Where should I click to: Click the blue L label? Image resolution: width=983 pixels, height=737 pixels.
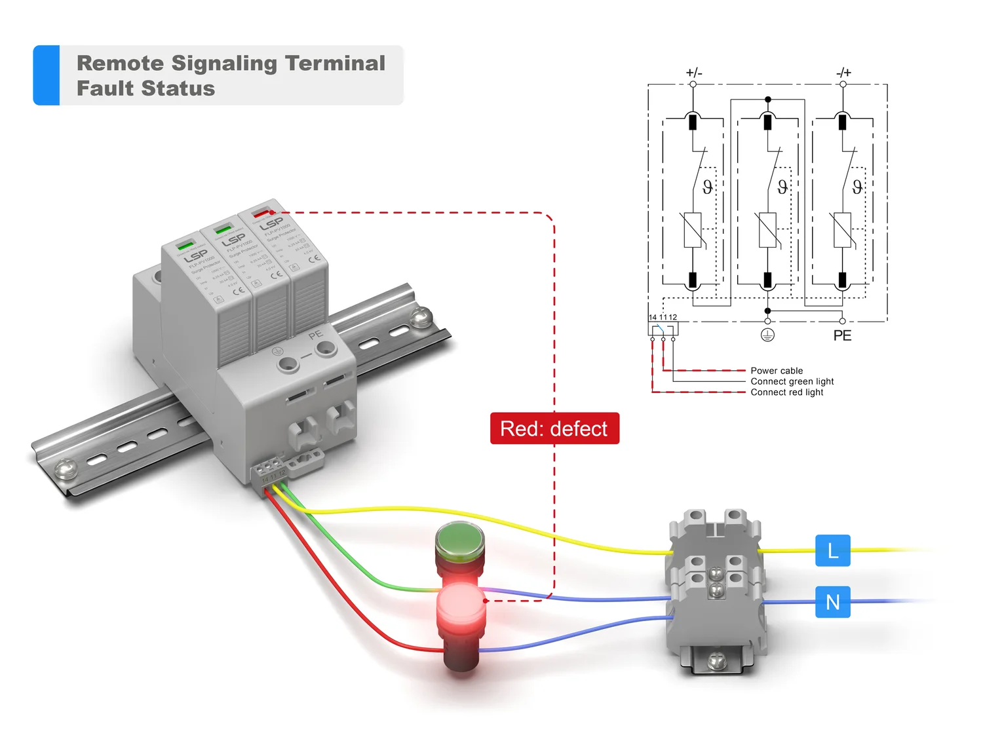click(832, 550)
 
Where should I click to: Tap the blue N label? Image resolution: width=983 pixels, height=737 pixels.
click(832, 601)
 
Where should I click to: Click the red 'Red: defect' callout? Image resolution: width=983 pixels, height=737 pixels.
click(554, 428)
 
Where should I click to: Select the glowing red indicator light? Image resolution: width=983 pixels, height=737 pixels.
click(461, 604)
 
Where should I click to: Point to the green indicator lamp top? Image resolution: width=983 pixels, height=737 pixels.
click(459, 540)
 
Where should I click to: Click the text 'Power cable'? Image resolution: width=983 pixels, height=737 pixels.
click(777, 371)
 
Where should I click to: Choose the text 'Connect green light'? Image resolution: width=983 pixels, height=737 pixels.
click(792, 381)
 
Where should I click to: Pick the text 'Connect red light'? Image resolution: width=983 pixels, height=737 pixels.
click(786, 392)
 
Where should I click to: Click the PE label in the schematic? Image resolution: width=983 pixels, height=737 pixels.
click(842, 335)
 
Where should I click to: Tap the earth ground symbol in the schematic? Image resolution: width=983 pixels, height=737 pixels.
click(767, 335)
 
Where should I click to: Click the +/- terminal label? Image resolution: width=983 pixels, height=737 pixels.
click(693, 73)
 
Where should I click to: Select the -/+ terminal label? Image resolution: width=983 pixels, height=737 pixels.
click(843, 73)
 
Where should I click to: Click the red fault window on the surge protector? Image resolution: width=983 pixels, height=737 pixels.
click(262, 213)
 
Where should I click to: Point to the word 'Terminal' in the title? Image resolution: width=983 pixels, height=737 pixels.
click(335, 63)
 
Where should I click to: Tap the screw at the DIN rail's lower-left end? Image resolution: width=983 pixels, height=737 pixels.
click(65, 468)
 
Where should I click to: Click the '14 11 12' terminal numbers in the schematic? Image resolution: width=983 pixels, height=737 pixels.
click(663, 317)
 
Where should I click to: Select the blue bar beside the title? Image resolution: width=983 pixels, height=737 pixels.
click(47, 75)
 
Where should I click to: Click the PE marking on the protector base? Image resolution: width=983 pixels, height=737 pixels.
click(316, 335)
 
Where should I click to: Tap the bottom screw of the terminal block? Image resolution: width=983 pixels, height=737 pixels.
click(716, 659)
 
